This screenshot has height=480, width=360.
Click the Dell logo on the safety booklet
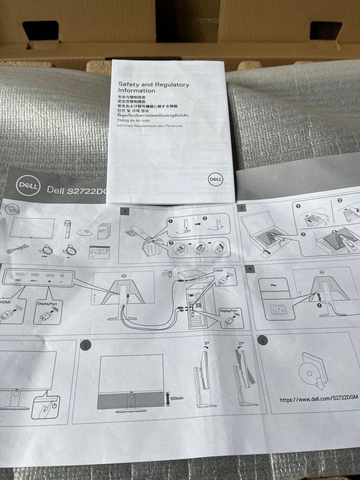pyautogui.click(x=215, y=179)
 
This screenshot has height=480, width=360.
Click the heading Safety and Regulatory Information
pyautogui.click(x=153, y=87)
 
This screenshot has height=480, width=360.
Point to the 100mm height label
pyautogui.click(x=176, y=398)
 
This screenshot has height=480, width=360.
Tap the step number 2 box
pyautogui.click(x=242, y=208)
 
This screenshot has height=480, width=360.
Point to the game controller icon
pyautogui.click(x=168, y=273)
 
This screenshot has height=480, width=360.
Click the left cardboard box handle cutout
pyautogui.click(x=40, y=31)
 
